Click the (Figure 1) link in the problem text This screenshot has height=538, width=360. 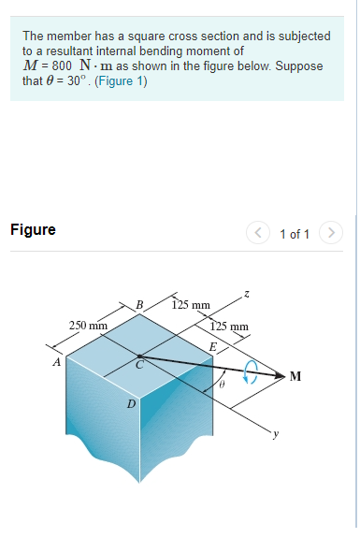[121, 80]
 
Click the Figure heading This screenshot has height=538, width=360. [33, 229]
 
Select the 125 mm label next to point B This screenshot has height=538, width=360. [193, 304]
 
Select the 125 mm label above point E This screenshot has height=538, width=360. [230, 327]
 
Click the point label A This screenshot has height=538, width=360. [56, 361]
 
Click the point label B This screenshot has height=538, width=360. [139, 304]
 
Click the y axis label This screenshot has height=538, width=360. [275, 433]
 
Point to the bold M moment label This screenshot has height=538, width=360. [295, 376]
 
